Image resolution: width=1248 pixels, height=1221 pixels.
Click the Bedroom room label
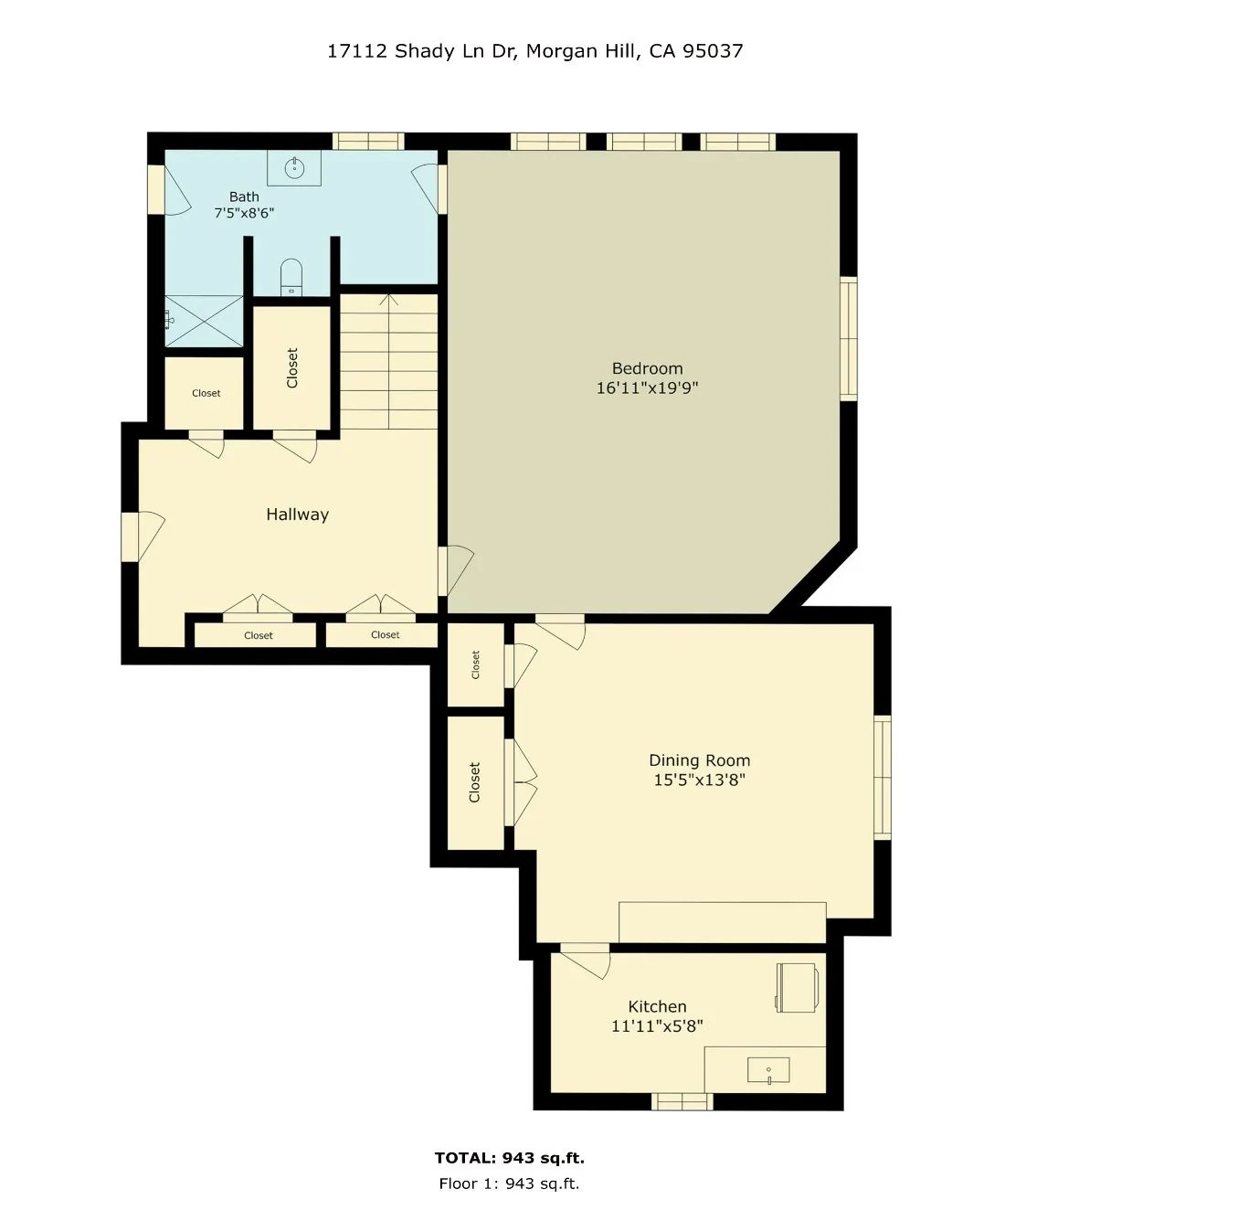coord(647,368)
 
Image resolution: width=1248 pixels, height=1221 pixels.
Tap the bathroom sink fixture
coord(294,168)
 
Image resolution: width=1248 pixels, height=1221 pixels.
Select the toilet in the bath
coord(291,277)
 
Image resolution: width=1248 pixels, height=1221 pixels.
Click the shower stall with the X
coord(205,321)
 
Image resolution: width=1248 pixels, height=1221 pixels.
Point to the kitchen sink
coord(768,1070)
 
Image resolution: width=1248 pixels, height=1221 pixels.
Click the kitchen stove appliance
coord(798,987)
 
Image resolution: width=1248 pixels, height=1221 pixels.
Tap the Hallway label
coord(298,514)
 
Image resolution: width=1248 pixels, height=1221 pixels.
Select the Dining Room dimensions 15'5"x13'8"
coord(699,780)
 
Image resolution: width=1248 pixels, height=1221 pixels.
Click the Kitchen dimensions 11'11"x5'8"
coord(658,1026)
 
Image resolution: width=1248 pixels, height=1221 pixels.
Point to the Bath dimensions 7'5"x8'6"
coord(244,213)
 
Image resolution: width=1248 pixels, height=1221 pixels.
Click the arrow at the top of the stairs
coord(388,300)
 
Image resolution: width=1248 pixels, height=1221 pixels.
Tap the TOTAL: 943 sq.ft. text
coord(510,1157)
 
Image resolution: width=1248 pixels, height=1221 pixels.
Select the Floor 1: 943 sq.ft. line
coord(509,1184)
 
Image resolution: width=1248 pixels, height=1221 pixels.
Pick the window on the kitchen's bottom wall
coord(682,1101)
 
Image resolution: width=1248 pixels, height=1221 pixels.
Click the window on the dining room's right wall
coord(883,778)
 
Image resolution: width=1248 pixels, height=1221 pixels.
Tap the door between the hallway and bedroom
coord(456,571)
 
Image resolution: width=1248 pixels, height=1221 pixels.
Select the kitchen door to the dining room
coord(585,961)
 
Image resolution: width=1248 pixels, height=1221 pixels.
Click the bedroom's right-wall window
coord(849,339)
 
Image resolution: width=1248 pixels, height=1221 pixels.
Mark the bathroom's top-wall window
coord(368,141)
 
